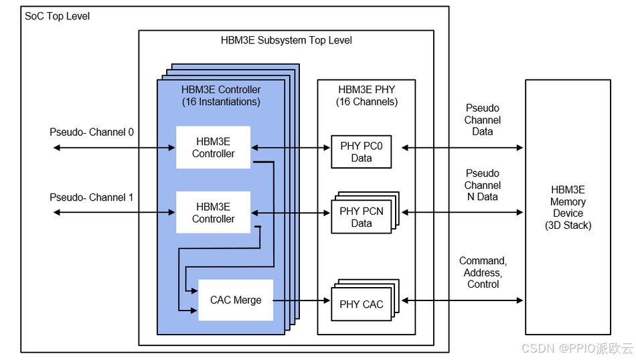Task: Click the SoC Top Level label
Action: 57,15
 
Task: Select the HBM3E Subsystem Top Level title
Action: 286,40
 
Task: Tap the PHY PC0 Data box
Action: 361,152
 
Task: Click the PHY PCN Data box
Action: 361,217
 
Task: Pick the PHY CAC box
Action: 361,304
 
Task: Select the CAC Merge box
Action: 235,300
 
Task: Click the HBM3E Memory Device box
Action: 568,207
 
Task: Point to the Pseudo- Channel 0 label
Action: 92,132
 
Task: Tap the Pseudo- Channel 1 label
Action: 92,197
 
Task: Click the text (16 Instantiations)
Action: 221,102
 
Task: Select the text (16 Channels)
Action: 366,102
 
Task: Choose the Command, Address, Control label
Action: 483,272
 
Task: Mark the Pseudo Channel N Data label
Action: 483,185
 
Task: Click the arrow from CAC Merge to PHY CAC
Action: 302,300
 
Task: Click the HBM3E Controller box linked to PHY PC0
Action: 213,147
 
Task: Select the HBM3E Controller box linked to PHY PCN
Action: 213,212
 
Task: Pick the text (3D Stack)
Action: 568,226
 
